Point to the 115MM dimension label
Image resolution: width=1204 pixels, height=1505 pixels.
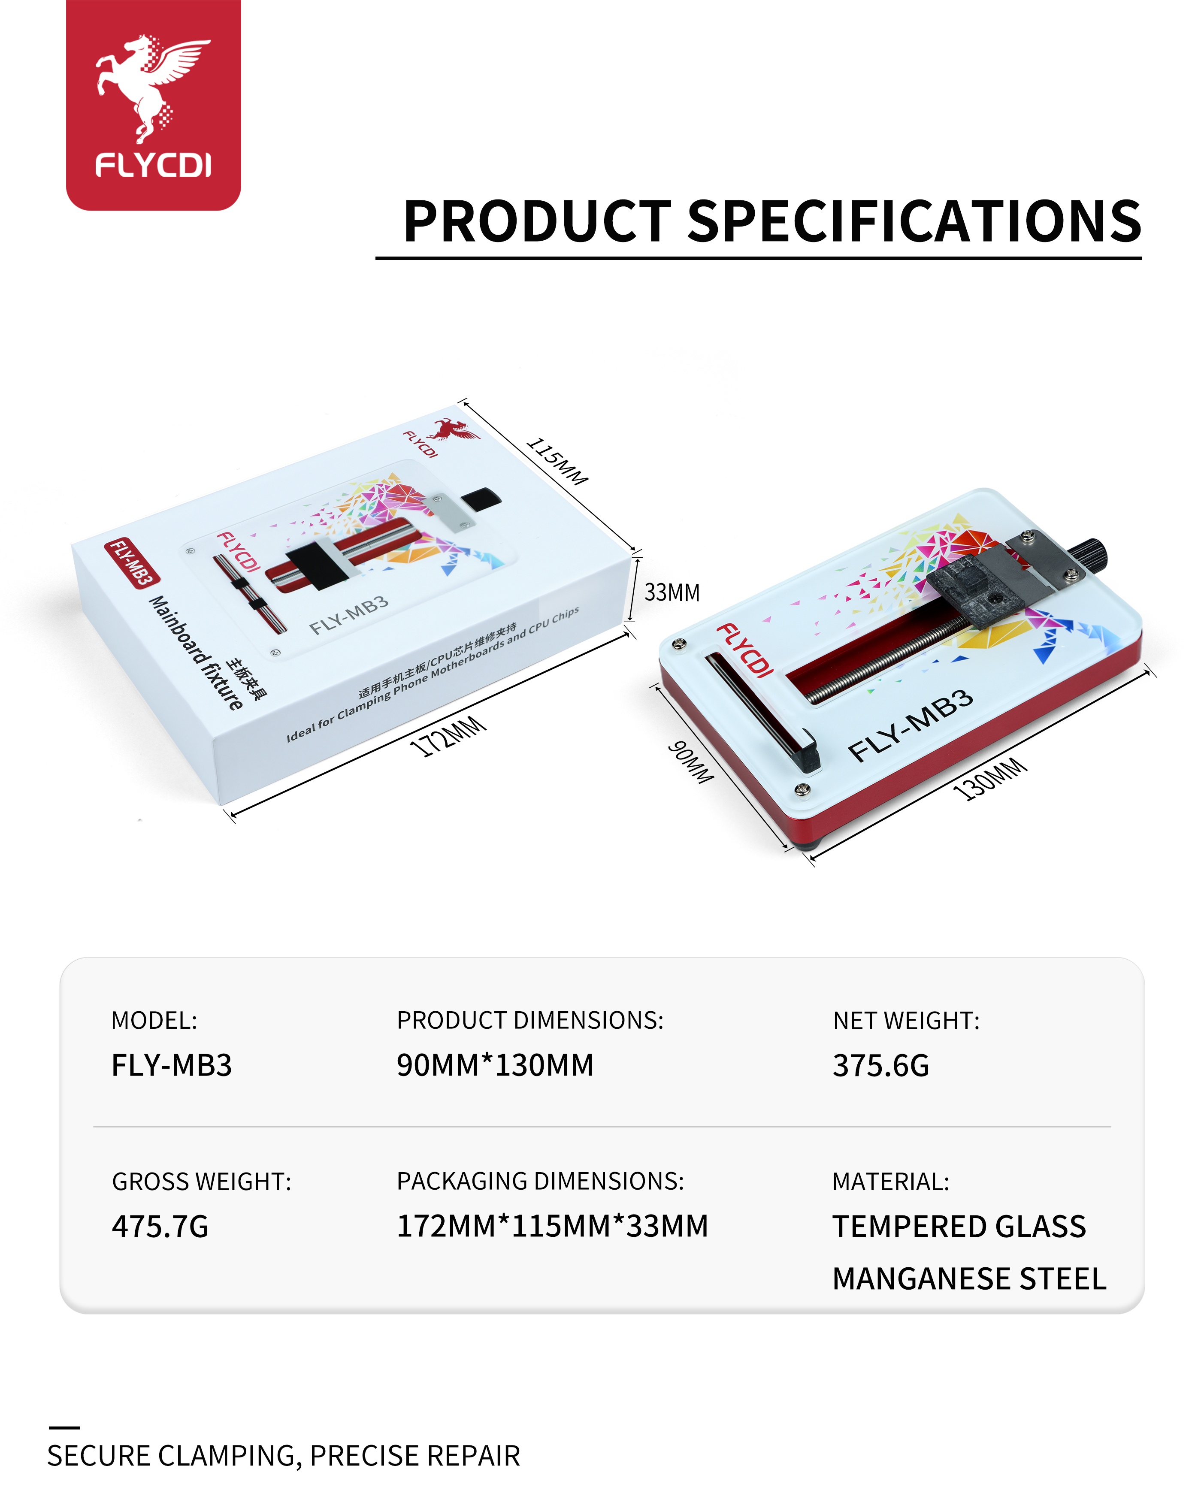pyautogui.click(x=557, y=461)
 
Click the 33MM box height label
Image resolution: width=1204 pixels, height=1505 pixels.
pyautogui.click(x=672, y=592)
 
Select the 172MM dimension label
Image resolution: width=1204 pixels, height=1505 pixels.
pyautogui.click(x=448, y=737)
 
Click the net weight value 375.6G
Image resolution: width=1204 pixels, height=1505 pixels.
pyautogui.click(x=881, y=1066)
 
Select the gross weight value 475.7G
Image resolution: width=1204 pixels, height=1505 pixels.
pyautogui.click(x=160, y=1227)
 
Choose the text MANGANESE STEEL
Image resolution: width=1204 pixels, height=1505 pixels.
pyautogui.click(x=969, y=1279)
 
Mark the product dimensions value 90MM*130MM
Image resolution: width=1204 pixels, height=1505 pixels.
pyautogui.click(x=495, y=1065)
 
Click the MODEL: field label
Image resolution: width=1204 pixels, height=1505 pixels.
pyautogui.click(x=154, y=1021)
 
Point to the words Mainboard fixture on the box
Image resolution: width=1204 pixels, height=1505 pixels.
pyautogui.click(x=197, y=653)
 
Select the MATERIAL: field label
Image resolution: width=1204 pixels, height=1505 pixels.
pyautogui.click(x=891, y=1182)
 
